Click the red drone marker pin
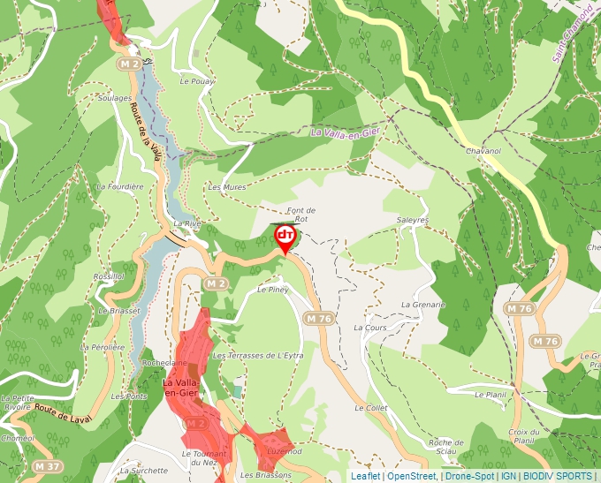pos(285,237)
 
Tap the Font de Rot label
pos(301,214)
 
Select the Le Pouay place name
pos(197,80)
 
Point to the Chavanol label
pos(483,151)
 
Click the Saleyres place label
pos(413,219)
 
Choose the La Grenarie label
pos(422,305)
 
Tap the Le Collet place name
pos(371,408)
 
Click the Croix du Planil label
pos(523,436)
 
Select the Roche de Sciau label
pos(445,446)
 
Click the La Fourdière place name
pos(119,186)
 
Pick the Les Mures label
pos(226,187)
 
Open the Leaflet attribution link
pos(365,476)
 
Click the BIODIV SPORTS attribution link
pos(559,476)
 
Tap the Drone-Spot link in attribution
pos(469,476)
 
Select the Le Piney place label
pos(273,289)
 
